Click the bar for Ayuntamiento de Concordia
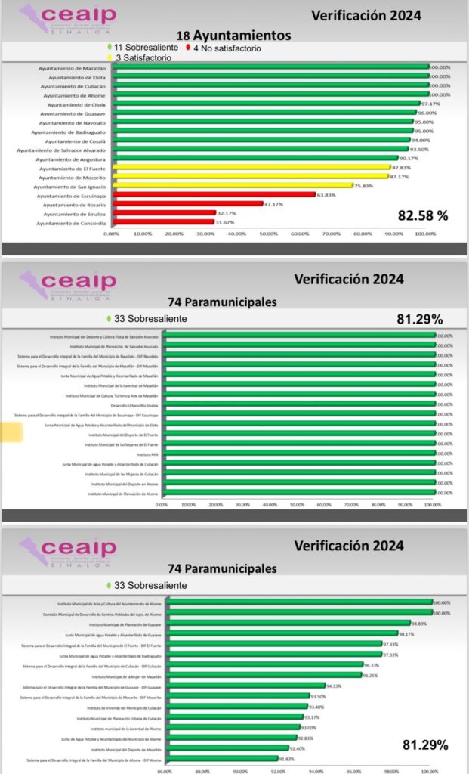[x=163, y=222]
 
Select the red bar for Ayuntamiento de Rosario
[x=187, y=204]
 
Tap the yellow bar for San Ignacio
[x=233, y=185]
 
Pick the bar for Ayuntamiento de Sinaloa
[x=164, y=213]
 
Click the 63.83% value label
[x=327, y=194]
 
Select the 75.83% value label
[x=365, y=185]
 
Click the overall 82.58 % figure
[x=423, y=215]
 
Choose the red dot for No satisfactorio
[x=187, y=48]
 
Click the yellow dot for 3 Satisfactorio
[x=110, y=57]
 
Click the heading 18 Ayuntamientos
[x=233, y=36]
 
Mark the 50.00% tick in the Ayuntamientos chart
[x=268, y=234]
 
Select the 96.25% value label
[x=387, y=676]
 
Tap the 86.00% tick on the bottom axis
[x=164, y=771]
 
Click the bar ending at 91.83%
[x=224, y=759]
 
